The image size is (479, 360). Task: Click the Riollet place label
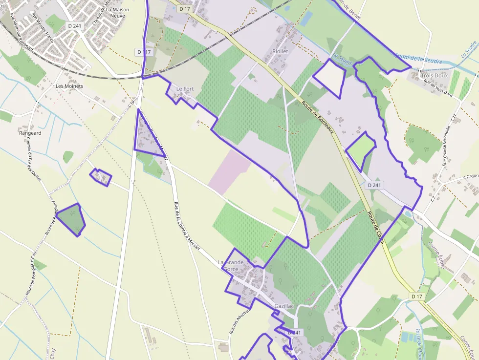(x=280, y=51)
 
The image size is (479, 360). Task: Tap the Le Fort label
(x=185, y=89)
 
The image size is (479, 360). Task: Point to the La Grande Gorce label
(x=230, y=265)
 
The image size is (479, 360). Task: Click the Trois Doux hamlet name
(x=434, y=76)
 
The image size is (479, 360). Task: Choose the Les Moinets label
(x=69, y=86)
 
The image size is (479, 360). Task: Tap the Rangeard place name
(x=30, y=133)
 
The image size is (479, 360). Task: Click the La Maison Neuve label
(x=115, y=13)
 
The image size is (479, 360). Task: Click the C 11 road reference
(x=454, y=118)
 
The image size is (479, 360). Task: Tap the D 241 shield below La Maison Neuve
(x=74, y=25)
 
